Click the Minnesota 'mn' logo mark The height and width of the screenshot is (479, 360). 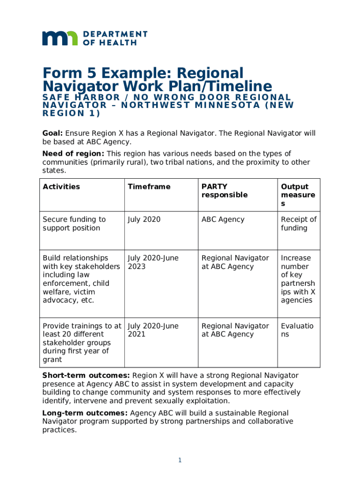point(60,38)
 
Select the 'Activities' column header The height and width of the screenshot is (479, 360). point(61,187)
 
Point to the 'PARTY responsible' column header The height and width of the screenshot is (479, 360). point(224,191)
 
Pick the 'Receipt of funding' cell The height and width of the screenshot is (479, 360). point(298,224)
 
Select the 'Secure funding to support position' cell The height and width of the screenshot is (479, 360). point(74,224)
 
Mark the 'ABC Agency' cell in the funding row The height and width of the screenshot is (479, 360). point(223,219)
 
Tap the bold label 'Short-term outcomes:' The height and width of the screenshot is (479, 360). point(86,376)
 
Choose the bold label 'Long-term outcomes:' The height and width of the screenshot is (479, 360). point(85,413)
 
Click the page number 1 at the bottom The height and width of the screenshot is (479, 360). point(180,461)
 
